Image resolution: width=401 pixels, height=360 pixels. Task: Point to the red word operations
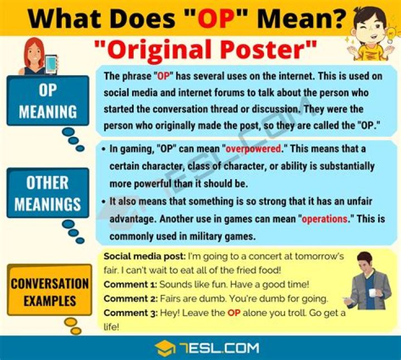click(x=325, y=219)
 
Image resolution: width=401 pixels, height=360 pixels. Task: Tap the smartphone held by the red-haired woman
click(x=51, y=64)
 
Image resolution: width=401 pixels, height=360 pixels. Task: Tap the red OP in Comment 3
click(x=234, y=313)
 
